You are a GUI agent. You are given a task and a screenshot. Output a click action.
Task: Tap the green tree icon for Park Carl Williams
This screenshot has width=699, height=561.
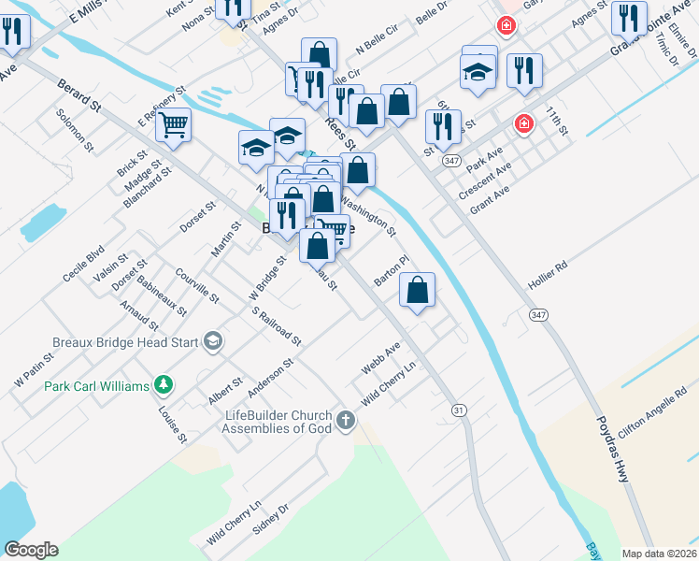coord(164,384)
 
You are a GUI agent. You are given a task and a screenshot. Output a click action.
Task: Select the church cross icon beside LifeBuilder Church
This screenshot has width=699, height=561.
coord(346,420)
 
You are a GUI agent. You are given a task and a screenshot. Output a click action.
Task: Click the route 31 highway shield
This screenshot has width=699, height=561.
coord(458,410)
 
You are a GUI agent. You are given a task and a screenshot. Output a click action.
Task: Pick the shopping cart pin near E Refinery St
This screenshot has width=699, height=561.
coord(174,124)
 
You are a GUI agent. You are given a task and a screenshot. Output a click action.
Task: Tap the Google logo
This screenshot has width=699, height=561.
coord(31,550)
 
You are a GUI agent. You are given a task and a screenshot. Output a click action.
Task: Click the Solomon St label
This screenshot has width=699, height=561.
coord(75,130)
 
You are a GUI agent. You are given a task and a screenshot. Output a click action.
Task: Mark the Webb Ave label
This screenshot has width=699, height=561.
coord(380,358)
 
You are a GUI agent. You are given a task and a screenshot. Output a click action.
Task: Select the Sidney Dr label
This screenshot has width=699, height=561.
coord(271,520)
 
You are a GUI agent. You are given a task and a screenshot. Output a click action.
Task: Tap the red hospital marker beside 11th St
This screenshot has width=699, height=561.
coord(524,123)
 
